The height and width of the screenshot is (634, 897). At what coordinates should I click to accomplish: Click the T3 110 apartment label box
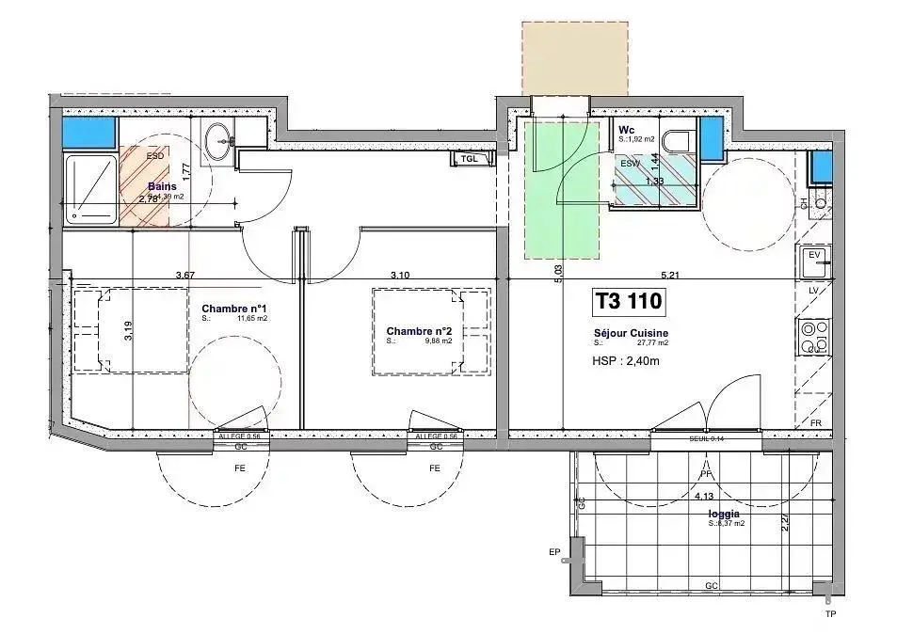[x=629, y=302]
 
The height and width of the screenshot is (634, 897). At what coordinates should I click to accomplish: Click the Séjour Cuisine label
[x=631, y=333]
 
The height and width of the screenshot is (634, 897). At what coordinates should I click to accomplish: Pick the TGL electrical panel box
[x=470, y=159]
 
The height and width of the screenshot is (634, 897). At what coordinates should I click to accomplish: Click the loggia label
[x=723, y=515]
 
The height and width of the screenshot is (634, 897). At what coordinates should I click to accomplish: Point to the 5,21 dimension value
[x=670, y=276]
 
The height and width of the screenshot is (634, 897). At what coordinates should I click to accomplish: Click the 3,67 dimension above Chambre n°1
[x=184, y=275]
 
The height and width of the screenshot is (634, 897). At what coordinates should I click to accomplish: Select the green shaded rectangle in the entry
[x=561, y=188]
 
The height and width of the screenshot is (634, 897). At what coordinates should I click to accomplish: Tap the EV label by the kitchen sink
[x=814, y=255]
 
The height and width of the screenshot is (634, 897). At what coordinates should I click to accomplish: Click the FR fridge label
[x=815, y=423]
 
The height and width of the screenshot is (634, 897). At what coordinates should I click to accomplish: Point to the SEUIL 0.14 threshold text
[x=706, y=438]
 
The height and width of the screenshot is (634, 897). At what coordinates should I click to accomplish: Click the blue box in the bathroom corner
[x=89, y=132]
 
